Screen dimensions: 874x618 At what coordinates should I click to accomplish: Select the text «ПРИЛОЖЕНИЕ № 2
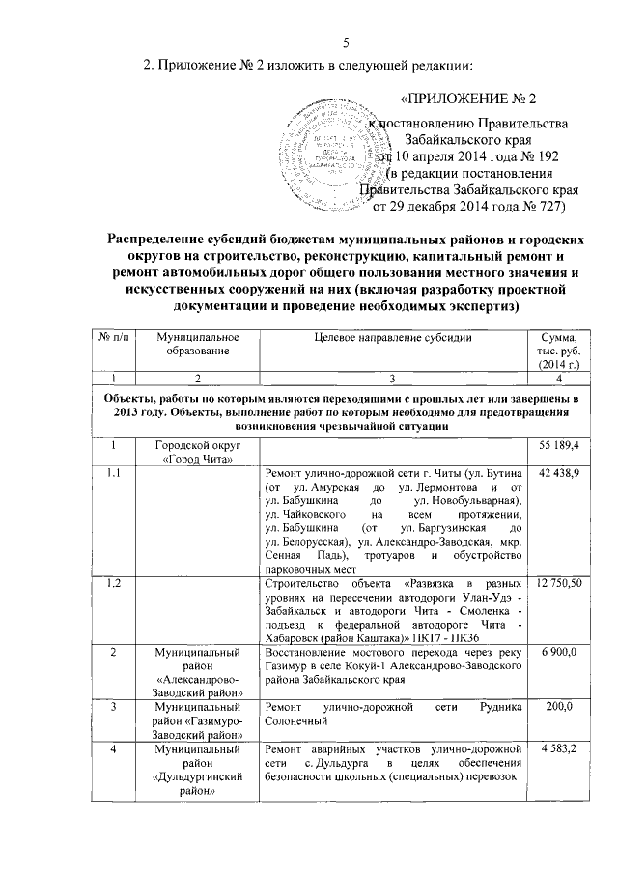467,99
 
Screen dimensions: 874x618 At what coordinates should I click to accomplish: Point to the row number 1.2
116,585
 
